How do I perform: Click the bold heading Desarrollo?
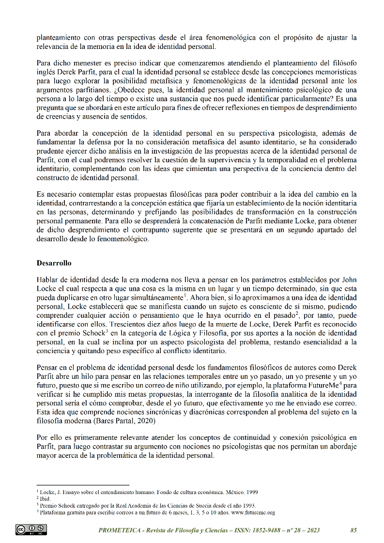[54, 264]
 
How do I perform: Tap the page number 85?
[353, 530]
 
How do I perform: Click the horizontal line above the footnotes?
[83, 485]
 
